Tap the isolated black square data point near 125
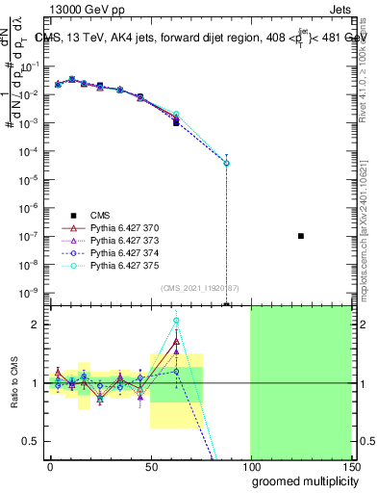click(301, 236)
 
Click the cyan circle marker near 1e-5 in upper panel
click(226, 163)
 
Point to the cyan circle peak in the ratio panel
click(176, 321)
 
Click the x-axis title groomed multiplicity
click(300, 480)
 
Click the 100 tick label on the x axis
click(250, 465)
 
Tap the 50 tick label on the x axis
click(150, 465)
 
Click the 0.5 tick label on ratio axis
click(33, 441)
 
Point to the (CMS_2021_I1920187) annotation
click(199, 288)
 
